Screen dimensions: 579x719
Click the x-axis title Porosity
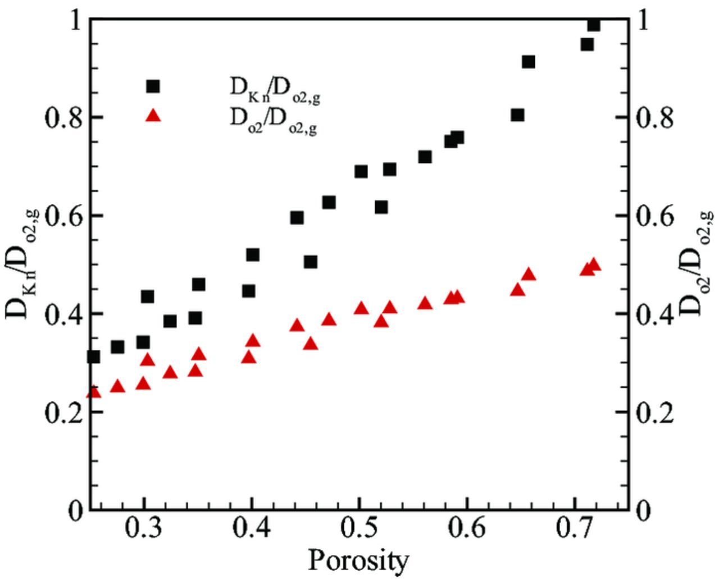[358, 560]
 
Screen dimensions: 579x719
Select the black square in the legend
[153, 86]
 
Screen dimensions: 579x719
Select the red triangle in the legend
[153, 116]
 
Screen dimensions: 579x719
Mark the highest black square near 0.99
[594, 25]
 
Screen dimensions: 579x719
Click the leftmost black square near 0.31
[94, 357]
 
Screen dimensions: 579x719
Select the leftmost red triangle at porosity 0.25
[94, 391]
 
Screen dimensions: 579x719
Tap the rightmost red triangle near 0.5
[594, 265]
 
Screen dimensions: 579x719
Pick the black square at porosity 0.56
[425, 157]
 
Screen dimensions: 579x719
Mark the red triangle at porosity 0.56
[425, 303]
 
